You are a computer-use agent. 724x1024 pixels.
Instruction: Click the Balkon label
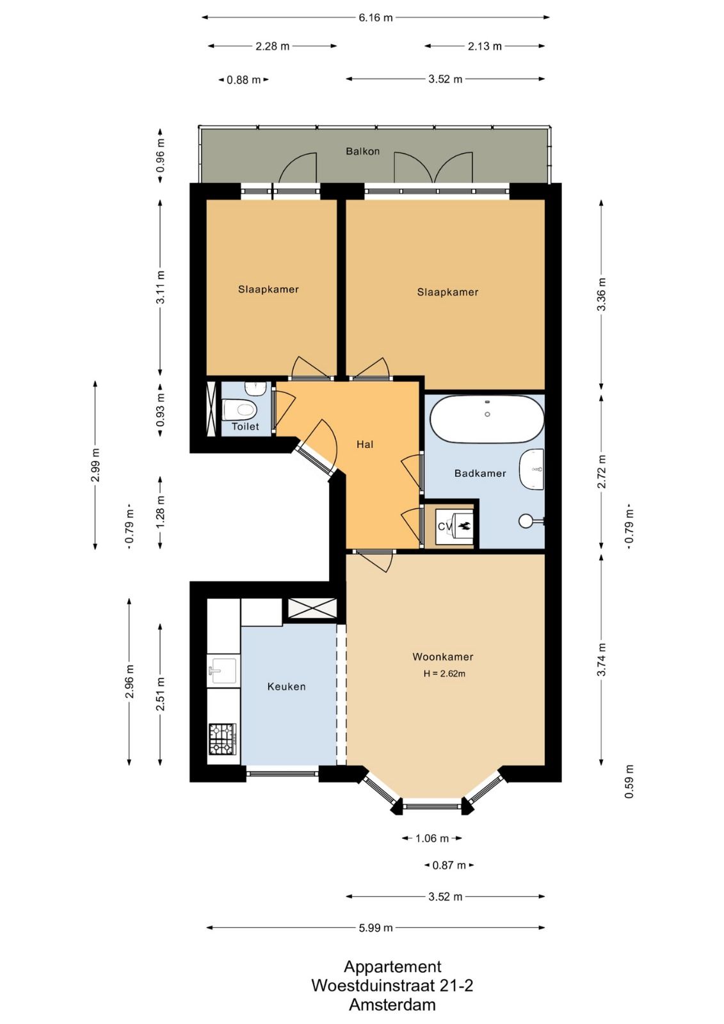[363, 151]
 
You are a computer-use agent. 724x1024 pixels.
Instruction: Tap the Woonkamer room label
[443, 657]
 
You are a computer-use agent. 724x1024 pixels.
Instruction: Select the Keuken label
[286, 687]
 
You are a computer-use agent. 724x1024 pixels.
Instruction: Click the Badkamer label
[480, 473]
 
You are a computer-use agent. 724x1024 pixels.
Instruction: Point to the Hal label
[365, 444]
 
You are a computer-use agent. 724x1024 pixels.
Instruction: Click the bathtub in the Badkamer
[487, 419]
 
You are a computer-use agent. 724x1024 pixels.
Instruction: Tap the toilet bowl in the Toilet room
[238, 410]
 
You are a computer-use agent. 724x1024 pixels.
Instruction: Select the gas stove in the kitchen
[222, 739]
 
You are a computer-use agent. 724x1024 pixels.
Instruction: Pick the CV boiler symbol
[453, 526]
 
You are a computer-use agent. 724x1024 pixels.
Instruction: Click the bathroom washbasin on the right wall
[531, 469]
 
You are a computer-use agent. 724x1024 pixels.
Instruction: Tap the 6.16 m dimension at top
[376, 18]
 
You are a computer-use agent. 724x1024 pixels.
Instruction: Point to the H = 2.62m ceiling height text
[444, 673]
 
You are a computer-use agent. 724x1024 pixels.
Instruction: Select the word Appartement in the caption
[392, 967]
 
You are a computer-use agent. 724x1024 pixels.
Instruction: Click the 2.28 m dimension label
[272, 46]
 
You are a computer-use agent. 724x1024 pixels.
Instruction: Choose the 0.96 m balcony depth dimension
[161, 156]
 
